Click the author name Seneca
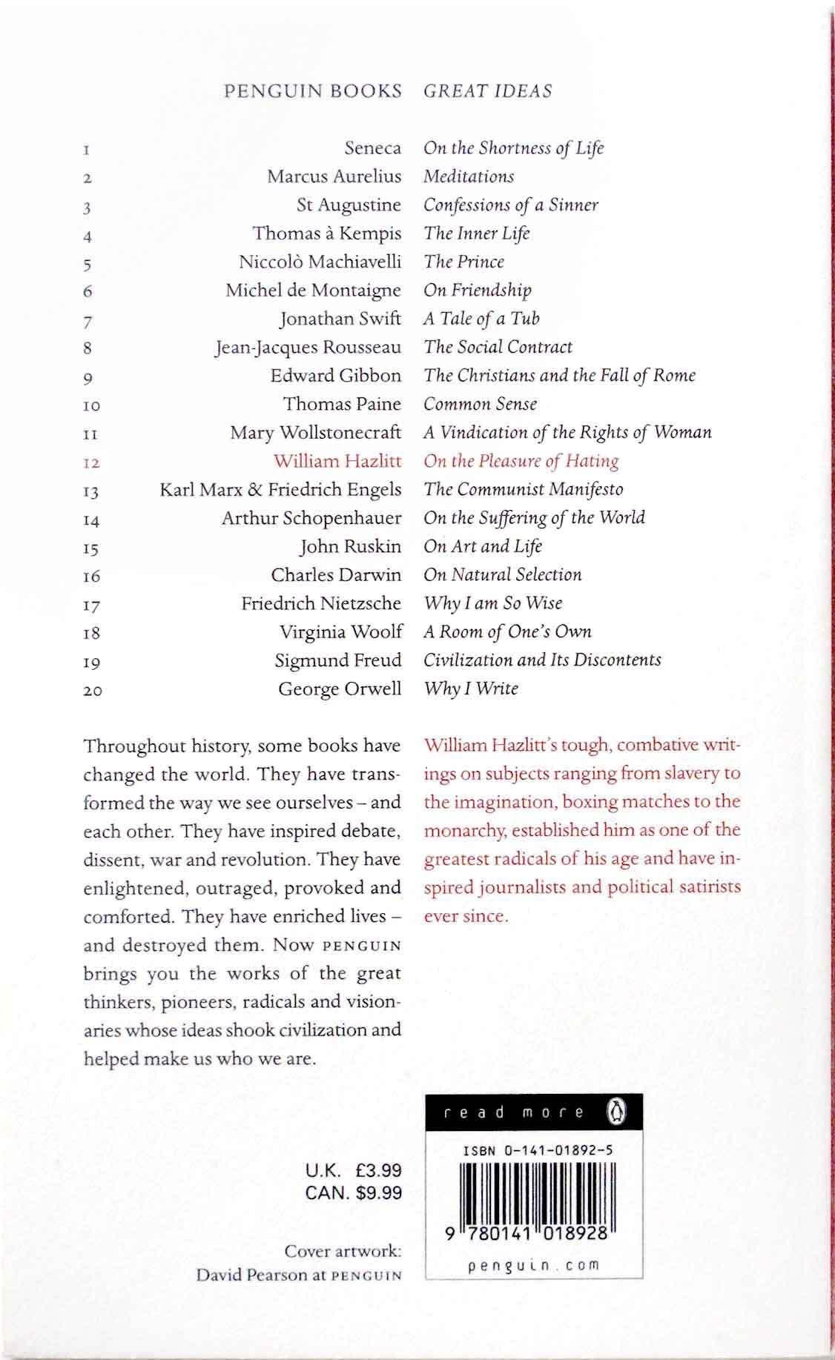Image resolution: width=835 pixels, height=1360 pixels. pos(372,148)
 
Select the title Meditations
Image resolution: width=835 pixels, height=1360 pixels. pos(469,176)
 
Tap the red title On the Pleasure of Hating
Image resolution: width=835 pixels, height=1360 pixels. pos(521,461)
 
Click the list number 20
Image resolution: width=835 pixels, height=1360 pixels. pos(93,691)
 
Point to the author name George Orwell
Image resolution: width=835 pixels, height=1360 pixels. pos(340,689)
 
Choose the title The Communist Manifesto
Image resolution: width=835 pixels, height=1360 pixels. pos(523,489)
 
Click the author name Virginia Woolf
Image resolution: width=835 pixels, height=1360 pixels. pos(340,632)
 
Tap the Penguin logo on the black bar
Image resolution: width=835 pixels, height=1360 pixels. pos(616,1112)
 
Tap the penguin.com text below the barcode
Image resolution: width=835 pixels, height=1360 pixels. pos(533,1266)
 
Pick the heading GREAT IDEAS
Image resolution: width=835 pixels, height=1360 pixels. pos(488,91)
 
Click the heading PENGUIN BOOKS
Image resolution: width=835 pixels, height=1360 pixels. pos(312,91)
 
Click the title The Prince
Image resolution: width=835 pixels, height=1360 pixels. pos(463,262)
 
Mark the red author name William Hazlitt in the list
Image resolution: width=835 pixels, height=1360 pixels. pos(337,461)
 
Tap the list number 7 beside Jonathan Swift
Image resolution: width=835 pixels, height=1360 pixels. pos(88,322)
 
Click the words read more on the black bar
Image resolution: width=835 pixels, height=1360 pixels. pos(513,1112)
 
